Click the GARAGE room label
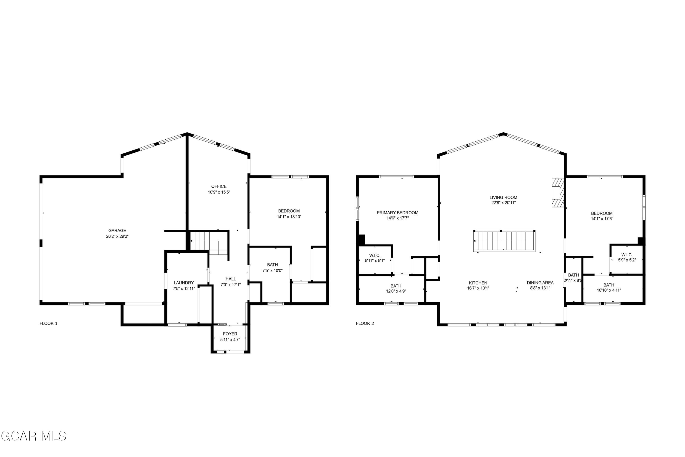tap(117, 231)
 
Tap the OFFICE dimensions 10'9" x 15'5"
tap(219, 192)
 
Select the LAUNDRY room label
tap(184, 283)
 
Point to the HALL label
tap(230, 279)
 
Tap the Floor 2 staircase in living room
tap(504, 241)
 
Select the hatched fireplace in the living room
tap(557, 192)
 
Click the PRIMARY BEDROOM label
tap(397, 213)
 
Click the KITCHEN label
tap(478, 283)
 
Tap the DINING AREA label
tap(540, 283)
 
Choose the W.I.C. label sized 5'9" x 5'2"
tap(627, 255)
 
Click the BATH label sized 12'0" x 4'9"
tap(396, 286)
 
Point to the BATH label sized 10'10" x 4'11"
tap(609, 285)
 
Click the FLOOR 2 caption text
tap(365, 323)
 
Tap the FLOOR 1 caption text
tap(48, 323)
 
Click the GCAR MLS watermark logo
tap(34, 436)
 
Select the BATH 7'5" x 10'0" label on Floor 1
tap(272, 265)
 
